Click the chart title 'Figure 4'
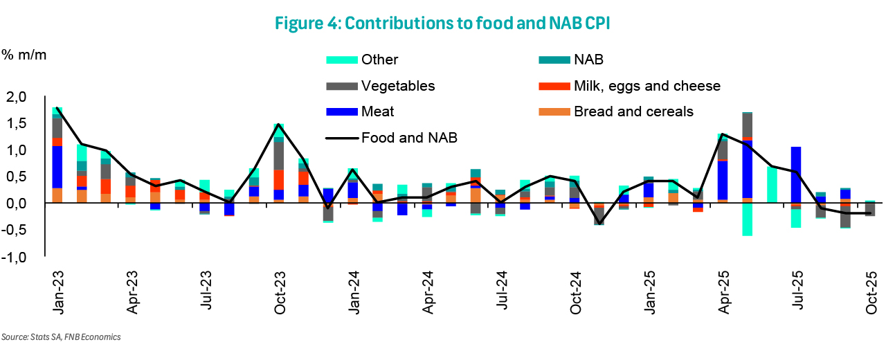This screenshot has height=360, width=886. [x=442, y=22]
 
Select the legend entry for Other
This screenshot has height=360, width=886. [x=379, y=60]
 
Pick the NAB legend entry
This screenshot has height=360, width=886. [x=589, y=60]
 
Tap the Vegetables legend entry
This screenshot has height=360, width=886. [x=397, y=86]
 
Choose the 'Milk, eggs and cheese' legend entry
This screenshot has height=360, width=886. [x=647, y=86]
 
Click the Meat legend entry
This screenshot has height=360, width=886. [x=377, y=111]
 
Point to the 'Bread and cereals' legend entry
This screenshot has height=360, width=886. [x=633, y=111]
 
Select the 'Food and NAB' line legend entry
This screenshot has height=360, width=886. [x=408, y=137]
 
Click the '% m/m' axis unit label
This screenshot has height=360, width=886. [x=24, y=55]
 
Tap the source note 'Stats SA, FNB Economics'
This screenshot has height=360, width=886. [x=61, y=337]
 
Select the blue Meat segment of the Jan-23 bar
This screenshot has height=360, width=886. [x=57, y=167]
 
